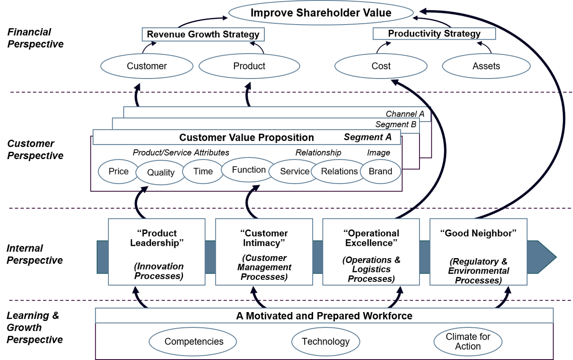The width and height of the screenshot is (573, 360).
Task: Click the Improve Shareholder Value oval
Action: [x=320, y=13]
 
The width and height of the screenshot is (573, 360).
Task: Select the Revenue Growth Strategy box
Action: [x=203, y=34]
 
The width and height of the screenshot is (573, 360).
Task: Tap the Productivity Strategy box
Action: [x=434, y=34]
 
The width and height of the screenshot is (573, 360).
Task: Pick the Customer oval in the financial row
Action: [x=147, y=66]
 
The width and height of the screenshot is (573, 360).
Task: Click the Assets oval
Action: [x=486, y=66]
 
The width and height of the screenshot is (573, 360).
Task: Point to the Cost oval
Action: [x=381, y=66]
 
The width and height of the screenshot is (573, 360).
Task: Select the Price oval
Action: [x=118, y=171]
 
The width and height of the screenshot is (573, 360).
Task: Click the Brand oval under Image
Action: [x=380, y=171]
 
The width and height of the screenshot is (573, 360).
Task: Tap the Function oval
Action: [x=248, y=170]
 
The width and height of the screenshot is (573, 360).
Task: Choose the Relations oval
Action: [x=339, y=171]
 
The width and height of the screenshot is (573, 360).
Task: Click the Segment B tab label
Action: [x=395, y=124]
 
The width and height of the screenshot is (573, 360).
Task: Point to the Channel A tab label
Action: [x=405, y=114]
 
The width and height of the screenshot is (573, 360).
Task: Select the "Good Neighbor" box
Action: [x=478, y=252]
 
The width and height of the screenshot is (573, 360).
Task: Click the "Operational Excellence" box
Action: [x=371, y=252]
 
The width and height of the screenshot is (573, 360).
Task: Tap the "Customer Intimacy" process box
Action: [x=264, y=252]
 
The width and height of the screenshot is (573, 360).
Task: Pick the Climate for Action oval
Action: [x=468, y=342]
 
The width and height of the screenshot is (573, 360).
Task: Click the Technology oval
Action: [x=325, y=342]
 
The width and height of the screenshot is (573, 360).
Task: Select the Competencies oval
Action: [x=194, y=342]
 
